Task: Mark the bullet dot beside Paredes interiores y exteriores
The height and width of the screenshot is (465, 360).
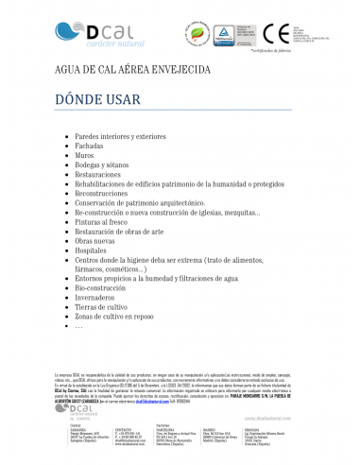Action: (x=65, y=136)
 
